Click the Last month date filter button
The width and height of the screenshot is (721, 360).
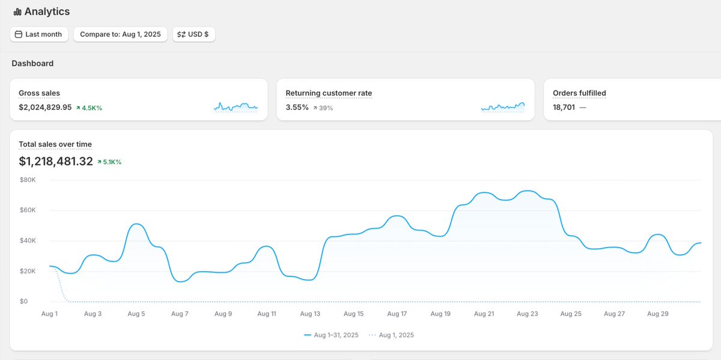point(40,34)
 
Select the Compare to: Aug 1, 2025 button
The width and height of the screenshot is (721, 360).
point(120,34)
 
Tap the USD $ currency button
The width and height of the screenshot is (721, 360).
point(193,34)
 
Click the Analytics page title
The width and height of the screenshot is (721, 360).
point(47,11)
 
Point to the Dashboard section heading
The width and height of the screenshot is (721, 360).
point(32,63)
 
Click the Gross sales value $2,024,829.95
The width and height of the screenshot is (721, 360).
point(45,108)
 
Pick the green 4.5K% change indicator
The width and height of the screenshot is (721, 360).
point(89,108)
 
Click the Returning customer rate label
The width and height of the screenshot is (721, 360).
point(329,93)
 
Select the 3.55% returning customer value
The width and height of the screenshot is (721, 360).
point(297,108)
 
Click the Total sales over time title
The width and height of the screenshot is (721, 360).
point(55,144)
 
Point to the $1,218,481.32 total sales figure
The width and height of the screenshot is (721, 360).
point(56,162)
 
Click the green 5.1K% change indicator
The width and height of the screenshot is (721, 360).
point(109,162)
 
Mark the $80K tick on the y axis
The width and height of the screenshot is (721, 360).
point(28,180)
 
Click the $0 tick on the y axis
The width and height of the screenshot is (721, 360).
point(23,302)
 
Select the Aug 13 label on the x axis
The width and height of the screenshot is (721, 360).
point(310,314)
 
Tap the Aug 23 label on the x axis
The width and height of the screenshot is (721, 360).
point(527,314)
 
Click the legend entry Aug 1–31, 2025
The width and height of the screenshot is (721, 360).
point(331,335)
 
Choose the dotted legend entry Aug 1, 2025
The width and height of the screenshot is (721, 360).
point(391,335)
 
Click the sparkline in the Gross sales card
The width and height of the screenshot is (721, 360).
point(236,107)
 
